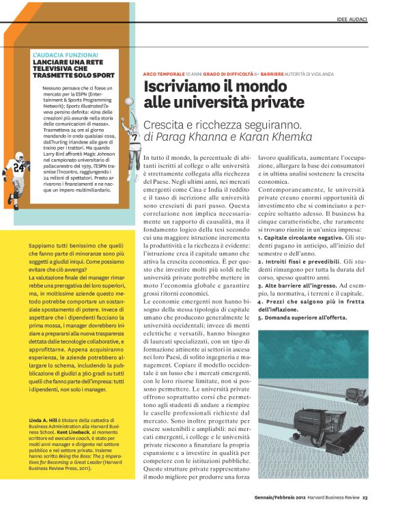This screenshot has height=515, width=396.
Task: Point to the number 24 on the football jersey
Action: click(18, 165)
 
